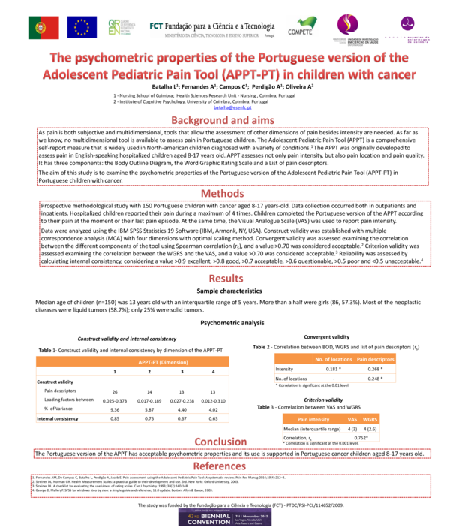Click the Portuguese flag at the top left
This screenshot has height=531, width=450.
pos(43,28)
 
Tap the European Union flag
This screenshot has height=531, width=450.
pos(80,28)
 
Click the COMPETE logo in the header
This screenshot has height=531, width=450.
pos(300,28)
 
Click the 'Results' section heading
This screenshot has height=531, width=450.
pos(225,279)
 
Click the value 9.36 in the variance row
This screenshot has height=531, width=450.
pos(115,409)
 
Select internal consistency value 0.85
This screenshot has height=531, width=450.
pos(115,418)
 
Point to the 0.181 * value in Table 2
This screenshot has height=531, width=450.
pos(334,370)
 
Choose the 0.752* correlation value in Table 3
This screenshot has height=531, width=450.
pos(361,437)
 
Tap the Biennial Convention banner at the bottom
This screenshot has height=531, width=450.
pos(225,514)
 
